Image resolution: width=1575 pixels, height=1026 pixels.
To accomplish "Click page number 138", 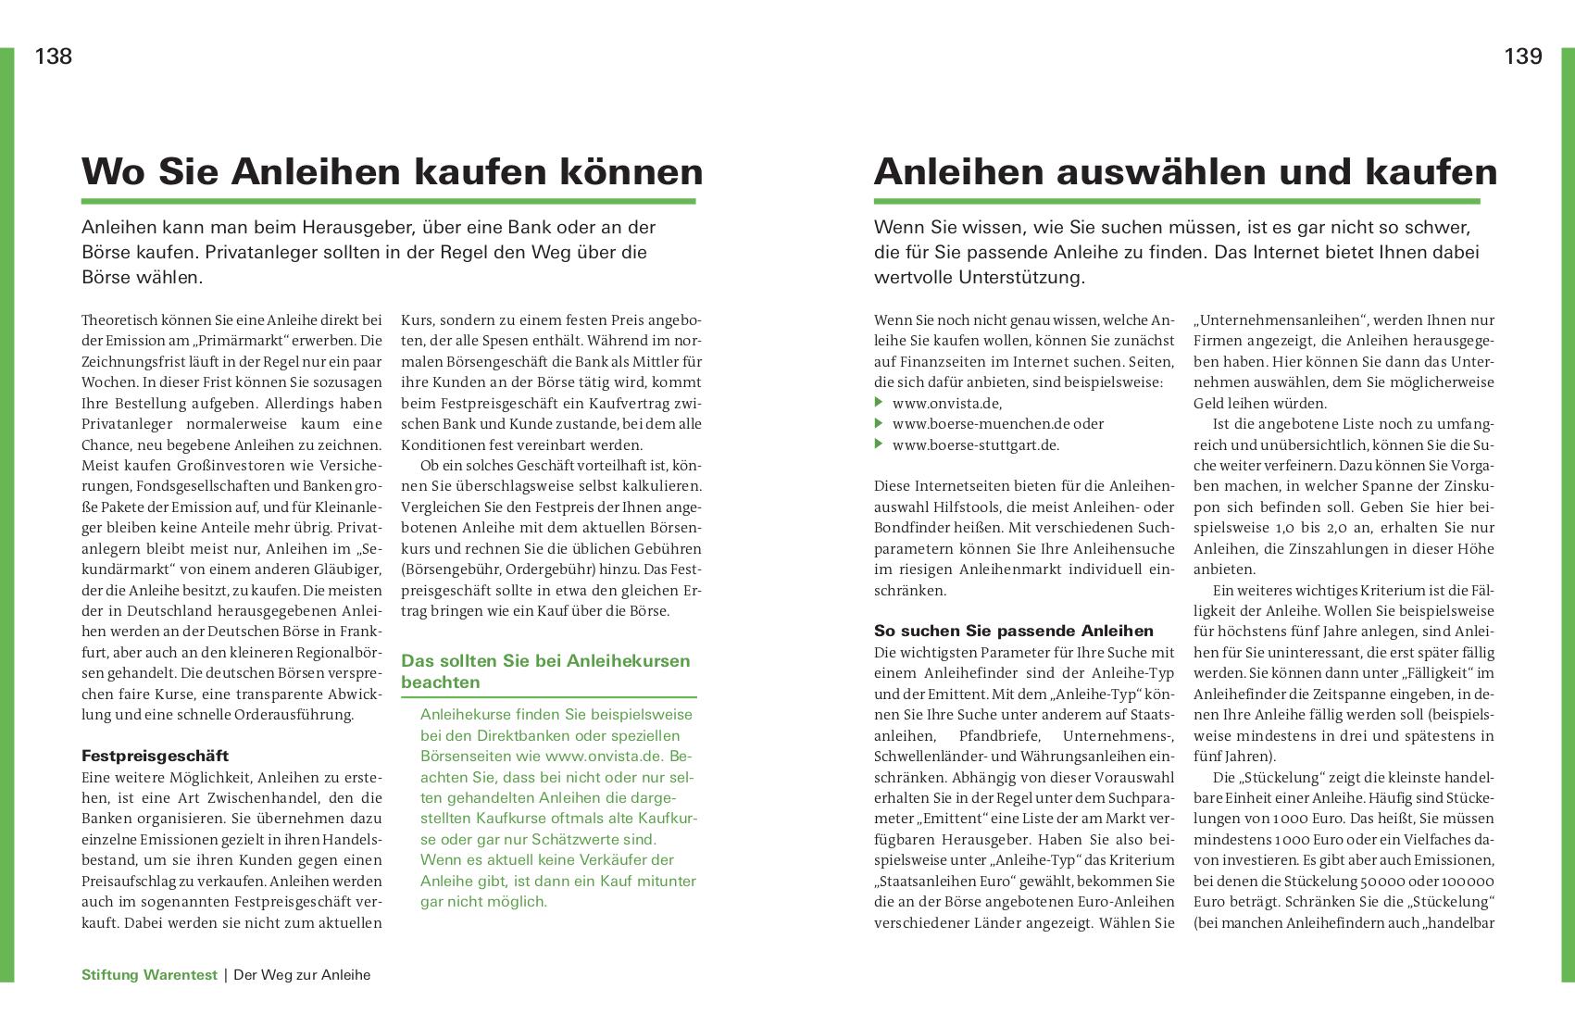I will click(x=54, y=56).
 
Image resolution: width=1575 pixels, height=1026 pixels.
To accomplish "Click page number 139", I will click(x=1523, y=56).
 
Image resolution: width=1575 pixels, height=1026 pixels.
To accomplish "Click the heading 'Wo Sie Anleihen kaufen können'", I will click(x=392, y=172).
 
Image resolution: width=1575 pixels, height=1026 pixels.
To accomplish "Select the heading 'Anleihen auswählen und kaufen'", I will click(x=1185, y=172).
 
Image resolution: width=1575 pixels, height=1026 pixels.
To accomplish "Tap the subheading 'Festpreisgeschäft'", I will click(x=155, y=756).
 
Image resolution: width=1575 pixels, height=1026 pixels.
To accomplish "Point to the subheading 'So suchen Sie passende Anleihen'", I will click(x=1014, y=631).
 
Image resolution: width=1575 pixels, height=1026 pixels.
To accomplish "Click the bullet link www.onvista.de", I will click(x=946, y=403).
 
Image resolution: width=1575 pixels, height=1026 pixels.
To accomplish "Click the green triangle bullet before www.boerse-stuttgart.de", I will click(x=879, y=444).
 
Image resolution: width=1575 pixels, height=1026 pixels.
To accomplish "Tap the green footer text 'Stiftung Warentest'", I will click(x=149, y=975).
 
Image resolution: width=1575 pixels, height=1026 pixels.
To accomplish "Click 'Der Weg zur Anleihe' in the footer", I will click(x=302, y=975).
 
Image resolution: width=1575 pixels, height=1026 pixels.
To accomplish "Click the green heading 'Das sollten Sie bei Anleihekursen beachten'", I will click(x=545, y=671).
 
